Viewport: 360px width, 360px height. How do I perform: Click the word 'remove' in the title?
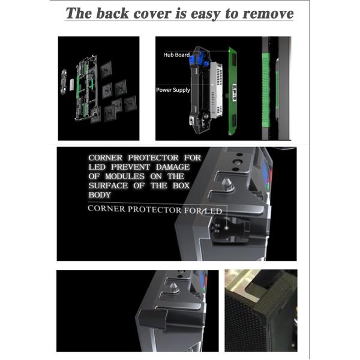(x=268, y=14)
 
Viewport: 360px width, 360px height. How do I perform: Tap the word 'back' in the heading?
(x=112, y=13)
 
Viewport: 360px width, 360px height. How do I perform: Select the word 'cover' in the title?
(x=152, y=14)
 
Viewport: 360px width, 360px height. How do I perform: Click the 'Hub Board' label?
(x=176, y=55)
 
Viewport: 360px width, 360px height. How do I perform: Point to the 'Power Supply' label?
(x=173, y=90)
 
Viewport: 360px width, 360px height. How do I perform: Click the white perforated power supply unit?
(x=216, y=89)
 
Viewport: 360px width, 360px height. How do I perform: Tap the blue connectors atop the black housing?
(x=199, y=59)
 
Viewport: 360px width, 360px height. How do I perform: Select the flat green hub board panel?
(x=233, y=91)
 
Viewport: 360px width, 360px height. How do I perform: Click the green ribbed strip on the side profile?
(x=266, y=90)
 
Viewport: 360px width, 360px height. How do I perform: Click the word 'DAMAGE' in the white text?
(x=173, y=167)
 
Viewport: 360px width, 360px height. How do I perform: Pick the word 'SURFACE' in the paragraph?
(x=108, y=185)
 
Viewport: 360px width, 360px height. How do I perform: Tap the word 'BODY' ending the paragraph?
(x=100, y=195)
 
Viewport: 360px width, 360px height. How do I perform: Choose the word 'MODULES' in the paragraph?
(x=125, y=176)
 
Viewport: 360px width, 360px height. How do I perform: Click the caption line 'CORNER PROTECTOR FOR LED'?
(x=155, y=209)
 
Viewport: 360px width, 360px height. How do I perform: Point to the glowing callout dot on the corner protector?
(x=226, y=228)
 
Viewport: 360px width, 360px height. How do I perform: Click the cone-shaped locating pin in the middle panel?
(x=227, y=184)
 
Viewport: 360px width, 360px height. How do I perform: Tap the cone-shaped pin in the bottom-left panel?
(x=174, y=287)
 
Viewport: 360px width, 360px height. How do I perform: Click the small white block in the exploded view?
(x=72, y=85)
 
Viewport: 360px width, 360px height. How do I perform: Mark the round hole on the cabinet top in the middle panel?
(x=238, y=161)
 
